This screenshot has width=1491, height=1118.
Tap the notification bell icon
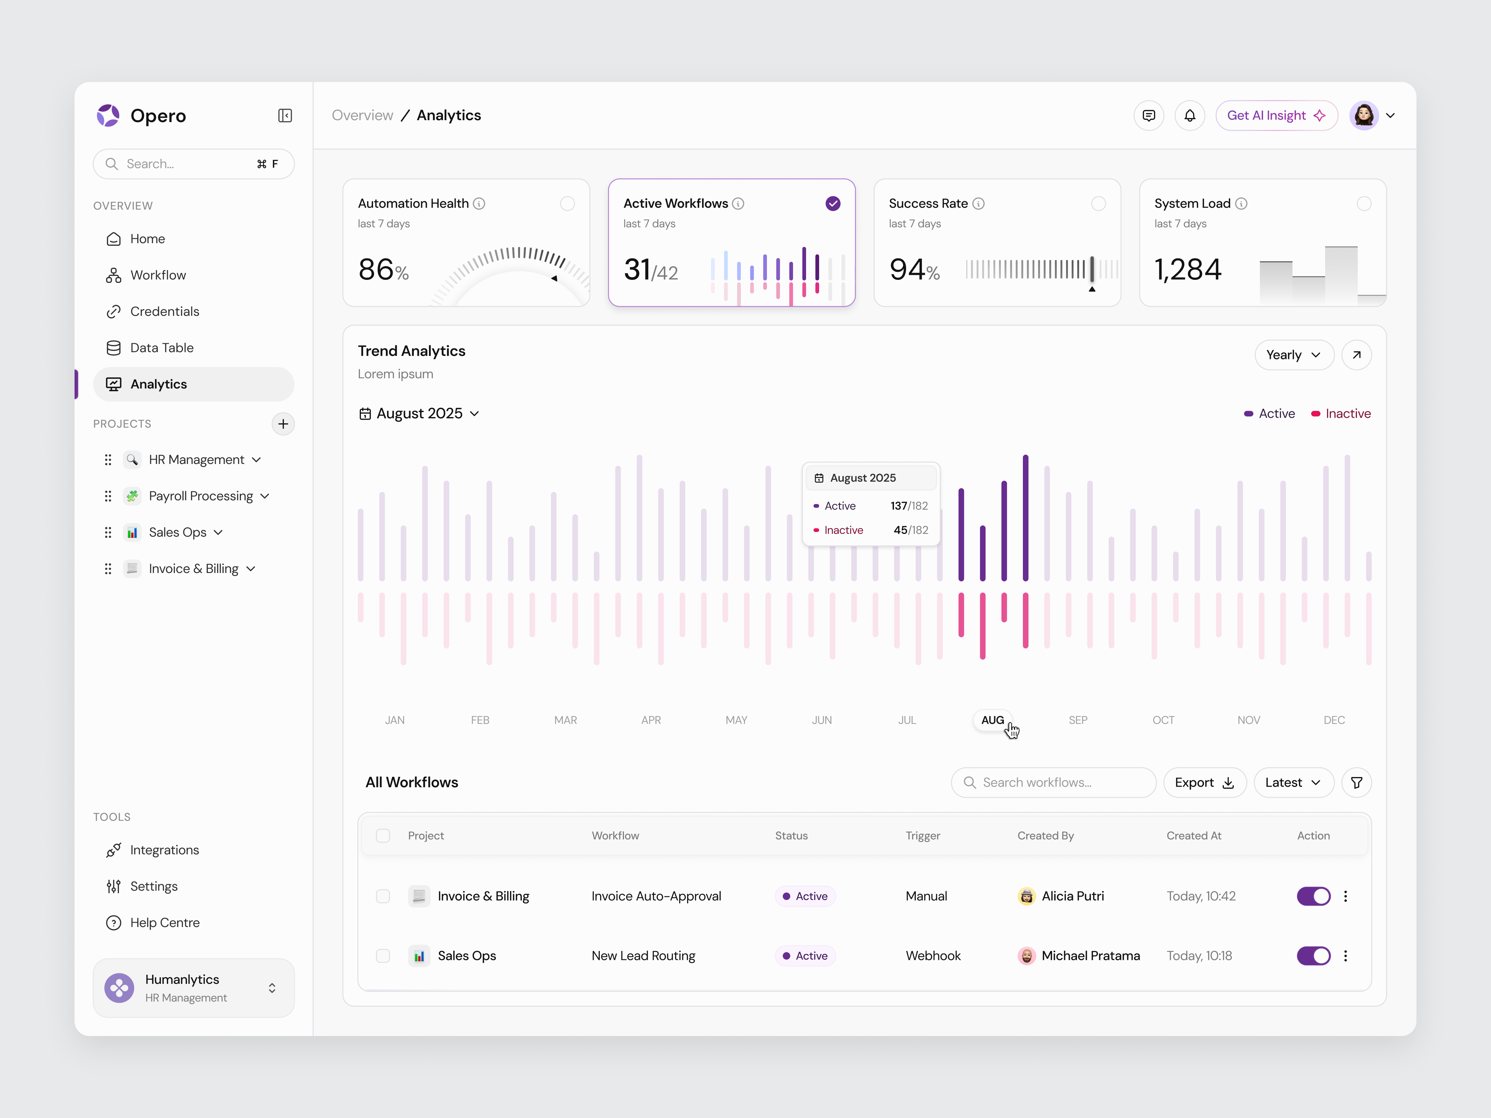pyautogui.click(x=1190, y=116)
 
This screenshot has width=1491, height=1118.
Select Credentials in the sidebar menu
pyautogui.click(x=164, y=311)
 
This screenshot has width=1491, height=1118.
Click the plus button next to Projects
pyautogui.click(x=283, y=424)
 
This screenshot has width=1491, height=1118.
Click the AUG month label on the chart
pyautogui.click(x=992, y=720)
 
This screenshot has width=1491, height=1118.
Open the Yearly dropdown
pyautogui.click(x=1293, y=355)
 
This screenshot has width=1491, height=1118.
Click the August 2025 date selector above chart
pyautogui.click(x=419, y=414)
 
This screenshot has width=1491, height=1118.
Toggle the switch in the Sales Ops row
pyautogui.click(x=1313, y=956)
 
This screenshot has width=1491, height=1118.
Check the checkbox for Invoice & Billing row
pyautogui.click(x=383, y=896)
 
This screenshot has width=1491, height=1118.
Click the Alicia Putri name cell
pyautogui.click(x=1072, y=896)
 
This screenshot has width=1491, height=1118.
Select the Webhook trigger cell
pyautogui.click(x=933, y=956)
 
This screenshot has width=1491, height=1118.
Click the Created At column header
pyautogui.click(x=1194, y=836)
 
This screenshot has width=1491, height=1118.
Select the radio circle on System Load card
pyautogui.click(x=1364, y=203)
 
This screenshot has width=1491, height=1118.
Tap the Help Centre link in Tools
pyautogui.click(x=164, y=923)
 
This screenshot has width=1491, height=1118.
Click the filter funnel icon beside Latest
pyautogui.click(x=1356, y=782)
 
